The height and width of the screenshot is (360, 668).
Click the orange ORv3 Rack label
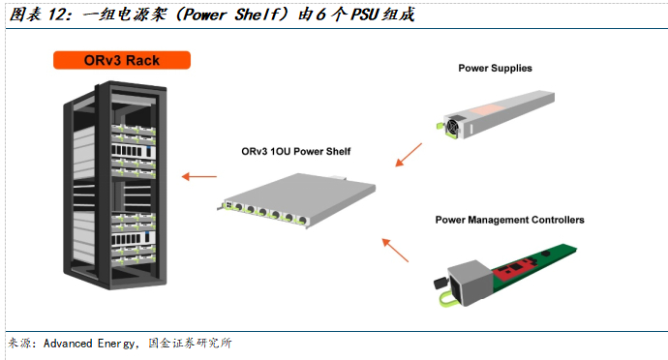122,60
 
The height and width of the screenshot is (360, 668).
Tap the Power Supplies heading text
495,68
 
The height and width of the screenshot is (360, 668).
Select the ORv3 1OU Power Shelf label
295,151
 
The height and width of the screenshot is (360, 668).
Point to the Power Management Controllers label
509,220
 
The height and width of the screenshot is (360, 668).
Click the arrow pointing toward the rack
199,176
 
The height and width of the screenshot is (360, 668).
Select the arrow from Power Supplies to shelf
409,155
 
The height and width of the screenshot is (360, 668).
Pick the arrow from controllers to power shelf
395,250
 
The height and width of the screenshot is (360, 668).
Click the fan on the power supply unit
452,126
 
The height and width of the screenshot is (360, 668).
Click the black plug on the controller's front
440,283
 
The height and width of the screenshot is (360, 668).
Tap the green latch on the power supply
440,126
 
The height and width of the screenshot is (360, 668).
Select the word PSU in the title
365,15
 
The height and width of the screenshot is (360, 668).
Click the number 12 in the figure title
57,15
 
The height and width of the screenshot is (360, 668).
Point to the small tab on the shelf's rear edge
339,178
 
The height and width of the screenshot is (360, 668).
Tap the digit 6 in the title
320,15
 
